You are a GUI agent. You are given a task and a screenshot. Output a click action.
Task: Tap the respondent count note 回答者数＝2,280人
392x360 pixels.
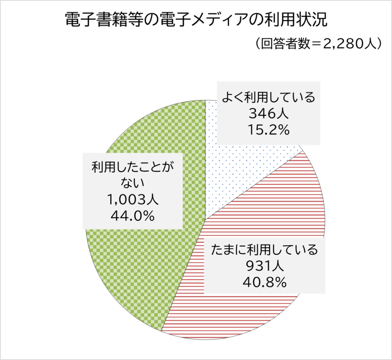click(x=318, y=44)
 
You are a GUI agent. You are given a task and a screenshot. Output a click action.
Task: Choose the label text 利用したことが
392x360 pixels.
click(x=133, y=168)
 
